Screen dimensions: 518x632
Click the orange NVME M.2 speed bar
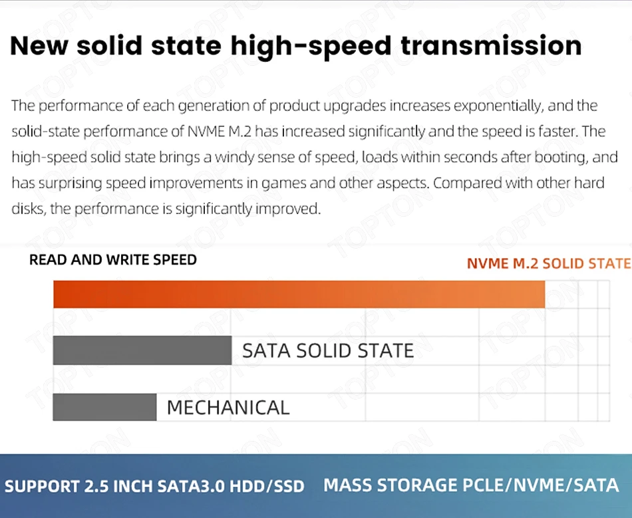pyautogui.click(x=299, y=295)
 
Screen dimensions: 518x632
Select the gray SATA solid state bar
pyautogui.click(x=142, y=350)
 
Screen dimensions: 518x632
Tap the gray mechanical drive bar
pyautogui.click(x=104, y=407)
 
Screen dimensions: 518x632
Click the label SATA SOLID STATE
pyautogui.click(x=327, y=350)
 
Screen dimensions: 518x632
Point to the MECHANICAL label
pyautogui.click(x=228, y=408)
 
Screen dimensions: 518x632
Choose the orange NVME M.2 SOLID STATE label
pyautogui.click(x=548, y=263)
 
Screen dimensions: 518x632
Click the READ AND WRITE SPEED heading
pyautogui.click(x=113, y=260)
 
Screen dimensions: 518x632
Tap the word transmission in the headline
pyautogui.click(x=491, y=45)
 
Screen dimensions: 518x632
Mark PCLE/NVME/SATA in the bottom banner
pyautogui.click(x=542, y=485)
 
